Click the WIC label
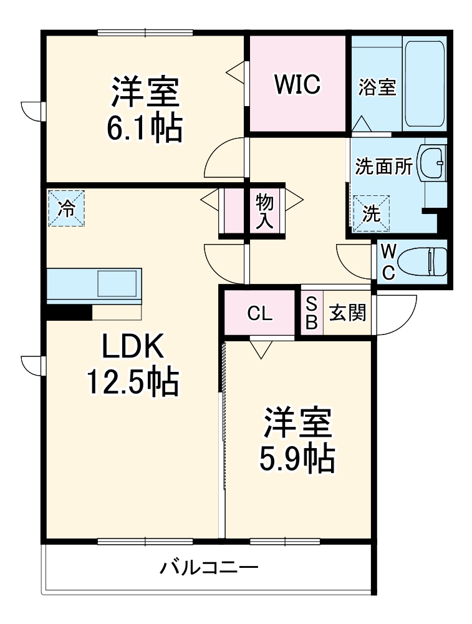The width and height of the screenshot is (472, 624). coord(297,84)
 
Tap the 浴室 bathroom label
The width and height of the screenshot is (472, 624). coord(377,87)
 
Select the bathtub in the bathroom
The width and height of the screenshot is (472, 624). coord(424,84)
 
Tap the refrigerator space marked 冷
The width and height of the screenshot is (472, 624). coord(67,208)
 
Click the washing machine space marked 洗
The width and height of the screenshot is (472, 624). coord(372,213)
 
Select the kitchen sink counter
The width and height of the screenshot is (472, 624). coord(94,283)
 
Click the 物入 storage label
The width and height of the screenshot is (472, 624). coord(264,211)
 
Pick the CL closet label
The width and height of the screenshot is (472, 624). coord(259,314)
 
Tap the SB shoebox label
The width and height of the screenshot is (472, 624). coord(311,314)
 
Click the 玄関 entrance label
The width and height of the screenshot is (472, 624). coord(347,313)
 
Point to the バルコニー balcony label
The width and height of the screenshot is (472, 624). coord(209,567)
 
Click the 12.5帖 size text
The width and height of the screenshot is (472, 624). coord(133,382)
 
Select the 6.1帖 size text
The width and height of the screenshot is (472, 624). coord(145,128)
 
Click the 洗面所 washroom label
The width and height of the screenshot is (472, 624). coord(383,166)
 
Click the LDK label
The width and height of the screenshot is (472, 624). coord(133,346)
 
